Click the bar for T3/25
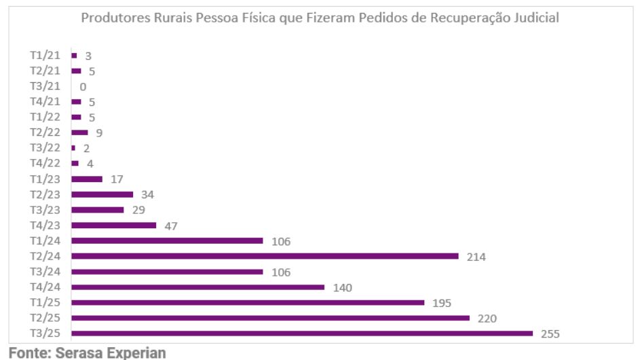pyautogui.click(x=302, y=334)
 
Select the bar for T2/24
pyautogui.click(x=265, y=256)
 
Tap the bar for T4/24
pyautogui.click(x=198, y=287)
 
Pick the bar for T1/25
pyautogui.click(x=248, y=303)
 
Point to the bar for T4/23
pyautogui.click(x=113, y=226)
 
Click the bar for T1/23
pyautogui.click(x=87, y=179)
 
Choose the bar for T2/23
pyautogui.click(x=102, y=194)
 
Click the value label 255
pyautogui.click(x=550, y=334)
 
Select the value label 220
pyautogui.click(x=487, y=319)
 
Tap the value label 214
pyautogui.click(x=476, y=257)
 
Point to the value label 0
pyautogui.click(x=83, y=87)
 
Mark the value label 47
pyautogui.click(x=170, y=226)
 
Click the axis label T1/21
pyautogui.click(x=45, y=56)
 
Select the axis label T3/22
pyautogui.click(x=45, y=148)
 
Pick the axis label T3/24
pyautogui.click(x=45, y=272)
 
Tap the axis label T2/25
pyautogui.click(x=45, y=318)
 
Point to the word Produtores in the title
pyautogui.click(x=113, y=18)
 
